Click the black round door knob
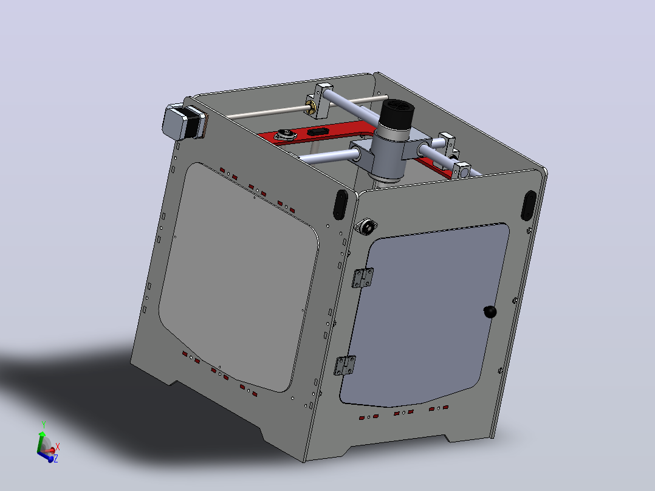(x=490, y=312)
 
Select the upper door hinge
(x=362, y=278)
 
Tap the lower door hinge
(x=345, y=365)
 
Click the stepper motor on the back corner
(x=183, y=122)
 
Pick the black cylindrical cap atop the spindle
(x=396, y=114)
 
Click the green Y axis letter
(x=44, y=425)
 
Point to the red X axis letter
(x=58, y=447)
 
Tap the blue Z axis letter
(x=55, y=459)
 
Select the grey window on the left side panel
(x=238, y=276)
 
